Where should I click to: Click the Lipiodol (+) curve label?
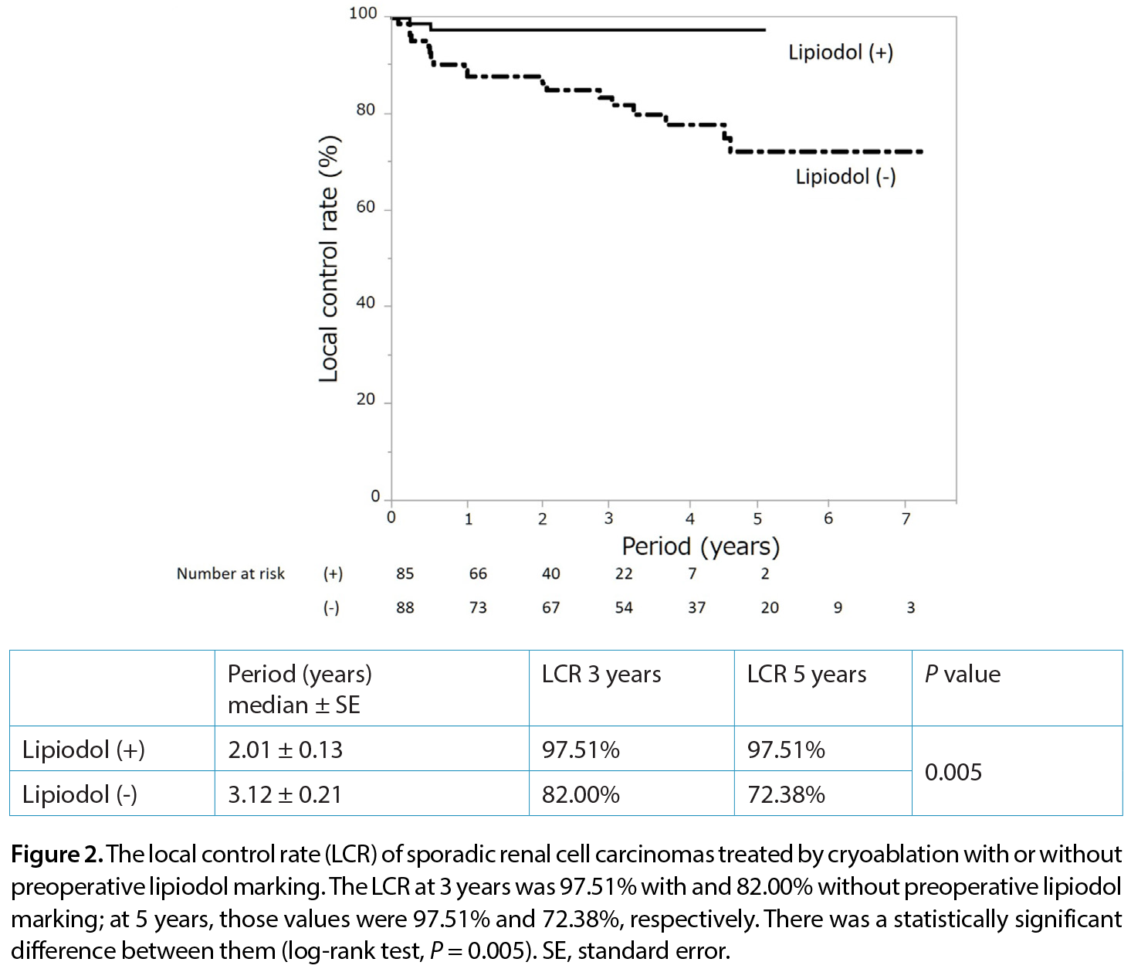[x=841, y=53]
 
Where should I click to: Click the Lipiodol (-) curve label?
[x=845, y=177]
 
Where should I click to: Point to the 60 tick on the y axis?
[x=365, y=207]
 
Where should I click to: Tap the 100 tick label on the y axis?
[x=364, y=13]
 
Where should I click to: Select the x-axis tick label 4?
[x=690, y=518]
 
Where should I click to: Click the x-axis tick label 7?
[x=906, y=518]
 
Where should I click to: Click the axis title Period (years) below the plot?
[x=700, y=546]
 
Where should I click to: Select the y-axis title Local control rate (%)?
[x=329, y=258]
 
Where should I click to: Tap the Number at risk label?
[x=230, y=573]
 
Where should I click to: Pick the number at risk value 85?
[x=405, y=573]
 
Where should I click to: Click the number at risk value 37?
[x=696, y=607]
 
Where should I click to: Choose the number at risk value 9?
[x=838, y=607]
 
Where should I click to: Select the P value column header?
[x=963, y=674]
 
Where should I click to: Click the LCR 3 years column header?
[x=601, y=674]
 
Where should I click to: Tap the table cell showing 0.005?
[x=953, y=772]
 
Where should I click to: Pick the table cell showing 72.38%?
[x=786, y=794]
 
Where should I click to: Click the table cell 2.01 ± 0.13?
[x=285, y=750]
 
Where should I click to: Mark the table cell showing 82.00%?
[x=581, y=794]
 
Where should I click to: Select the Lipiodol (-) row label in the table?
[x=80, y=794]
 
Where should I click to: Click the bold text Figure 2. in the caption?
[x=57, y=854]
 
